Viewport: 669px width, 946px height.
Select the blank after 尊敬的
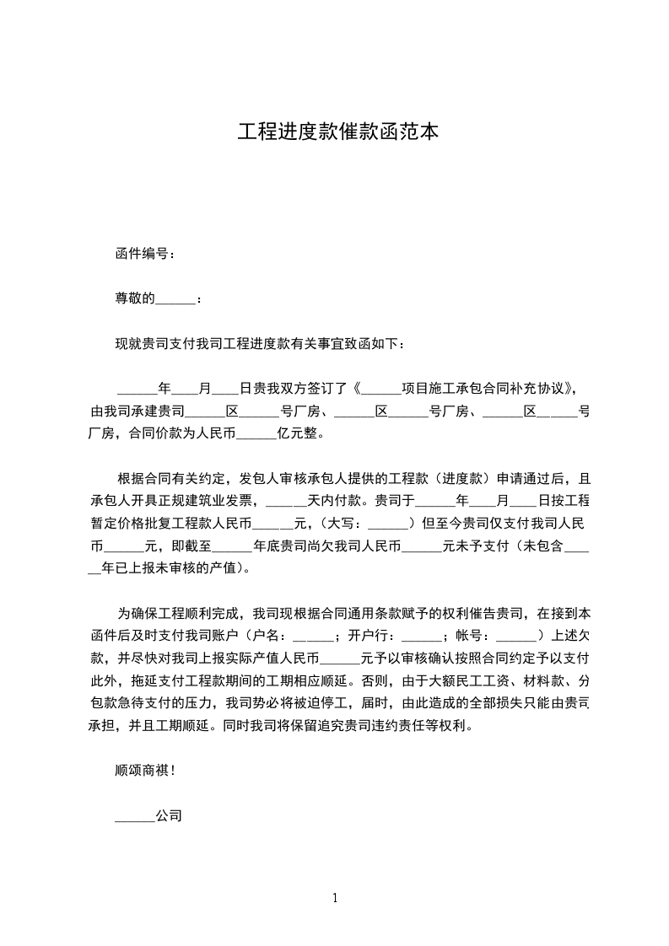[175, 298]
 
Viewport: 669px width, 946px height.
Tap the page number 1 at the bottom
[335, 898]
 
